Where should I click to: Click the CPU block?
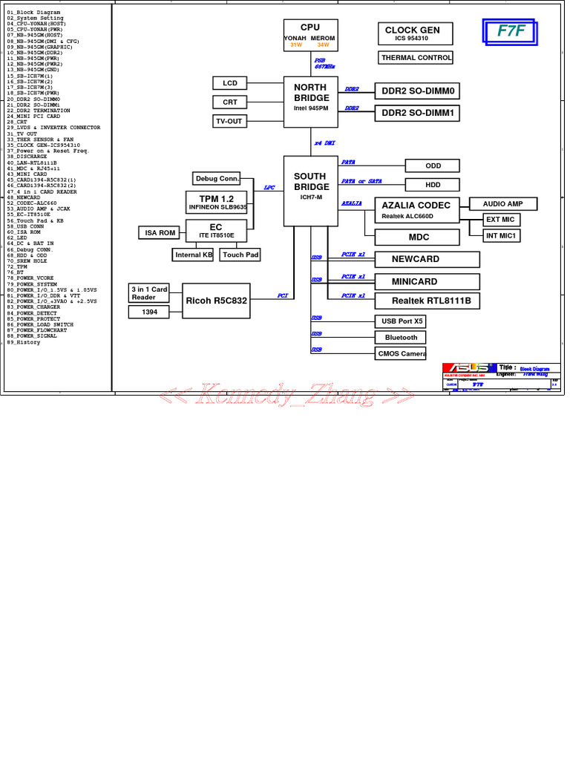click(310, 35)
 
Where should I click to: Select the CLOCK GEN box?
click(412, 33)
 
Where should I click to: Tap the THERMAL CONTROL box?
click(416, 58)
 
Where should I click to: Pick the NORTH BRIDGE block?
click(310, 97)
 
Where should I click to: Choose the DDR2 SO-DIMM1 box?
click(418, 114)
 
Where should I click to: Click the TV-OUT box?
click(229, 121)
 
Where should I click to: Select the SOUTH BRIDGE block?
click(310, 191)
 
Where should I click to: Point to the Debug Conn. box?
click(217, 178)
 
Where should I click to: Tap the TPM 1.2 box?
click(216, 202)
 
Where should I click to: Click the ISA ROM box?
click(160, 233)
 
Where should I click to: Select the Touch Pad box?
click(240, 255)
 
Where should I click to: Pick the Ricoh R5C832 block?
click(216, 301)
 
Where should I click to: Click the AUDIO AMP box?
click(503, 203)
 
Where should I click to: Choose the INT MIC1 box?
click(502, 235)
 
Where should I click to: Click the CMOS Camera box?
click(402, 353)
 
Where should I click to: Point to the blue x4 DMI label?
click(324, 143)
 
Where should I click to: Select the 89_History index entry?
click(24, 343)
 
